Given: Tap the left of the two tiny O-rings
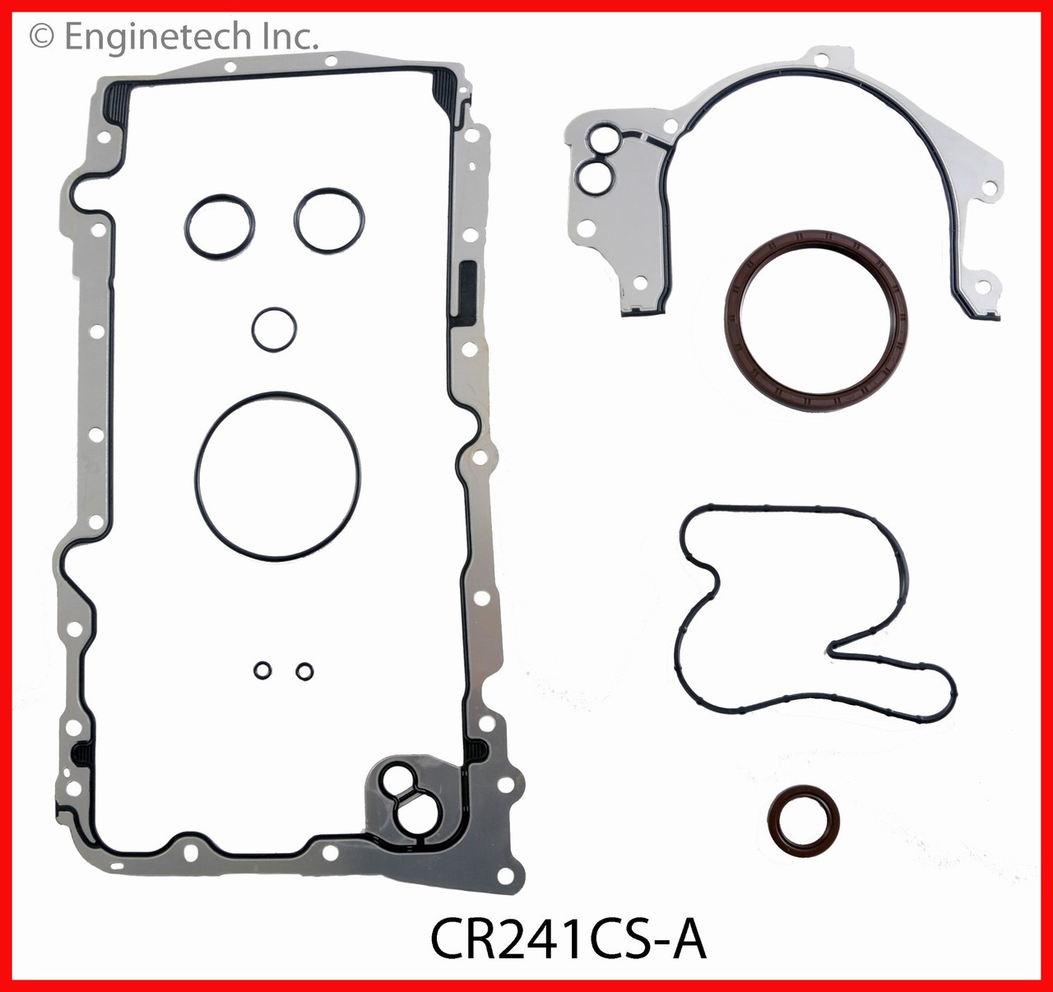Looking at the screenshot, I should [x=262, y=671].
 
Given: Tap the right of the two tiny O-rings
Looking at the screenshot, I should [x=304, y=671].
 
